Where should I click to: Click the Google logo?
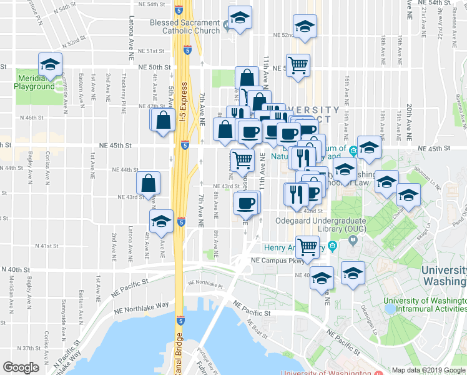click(21, 367)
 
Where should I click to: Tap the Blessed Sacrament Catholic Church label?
click(185, 26)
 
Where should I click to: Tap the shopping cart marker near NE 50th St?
click(298, 64)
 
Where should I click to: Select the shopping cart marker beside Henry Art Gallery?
click(307, 246)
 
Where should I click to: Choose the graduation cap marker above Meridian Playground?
click(50, 63)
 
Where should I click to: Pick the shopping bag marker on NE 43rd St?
click(149, 182)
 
